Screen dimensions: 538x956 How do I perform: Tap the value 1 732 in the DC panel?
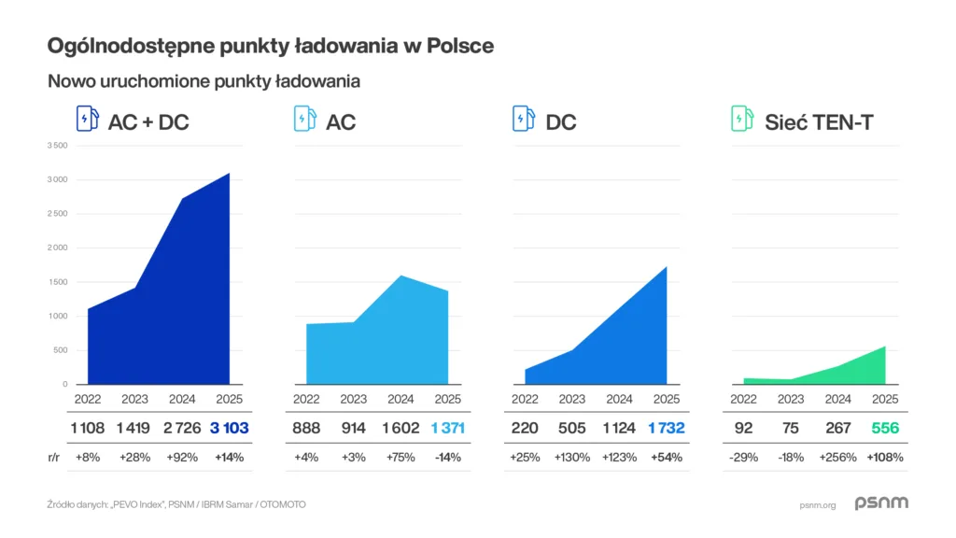click(666, 429)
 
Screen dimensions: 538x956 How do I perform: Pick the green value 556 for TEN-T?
click(884, 429)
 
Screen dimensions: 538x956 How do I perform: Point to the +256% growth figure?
click(837, 458)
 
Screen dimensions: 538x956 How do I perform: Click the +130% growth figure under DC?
click(572, 458)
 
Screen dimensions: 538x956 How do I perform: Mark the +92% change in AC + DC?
click(181, 458)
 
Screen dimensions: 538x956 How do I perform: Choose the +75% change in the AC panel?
click(401, 458)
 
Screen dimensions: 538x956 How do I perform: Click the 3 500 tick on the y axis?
click(57, 146)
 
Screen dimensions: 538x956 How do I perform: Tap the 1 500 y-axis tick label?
click(57, 282)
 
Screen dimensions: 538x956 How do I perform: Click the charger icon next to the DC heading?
click(523, 120)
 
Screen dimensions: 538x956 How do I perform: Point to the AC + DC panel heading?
click(148, 121)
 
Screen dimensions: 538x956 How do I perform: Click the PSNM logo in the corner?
click(881, 503)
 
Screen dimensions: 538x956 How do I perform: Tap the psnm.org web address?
click(817, 504)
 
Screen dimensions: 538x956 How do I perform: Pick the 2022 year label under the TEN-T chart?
click(743, 400)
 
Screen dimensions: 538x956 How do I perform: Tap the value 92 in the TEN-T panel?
click(743, 429)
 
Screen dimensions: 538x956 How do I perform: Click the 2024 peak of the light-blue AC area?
click(401, 276)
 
